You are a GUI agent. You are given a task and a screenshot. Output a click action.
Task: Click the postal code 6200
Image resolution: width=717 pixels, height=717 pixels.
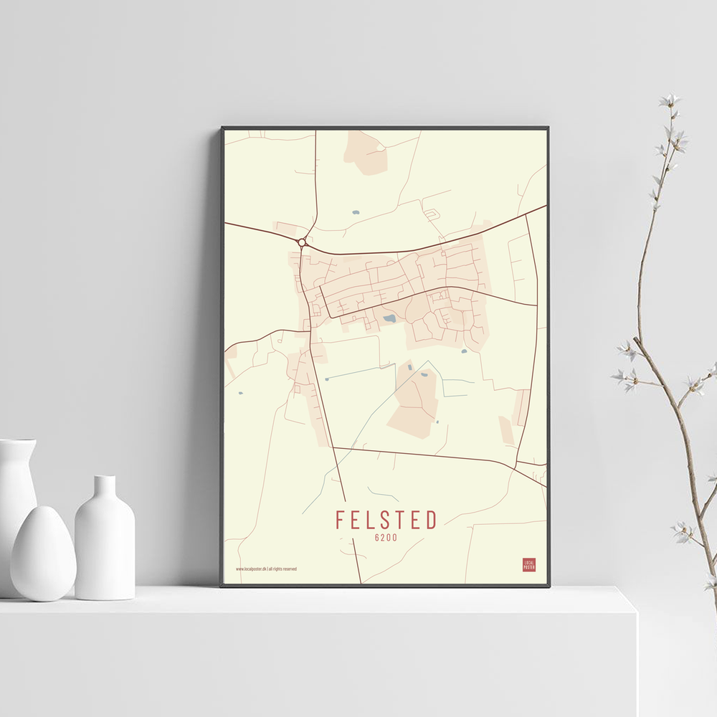click(386, 537)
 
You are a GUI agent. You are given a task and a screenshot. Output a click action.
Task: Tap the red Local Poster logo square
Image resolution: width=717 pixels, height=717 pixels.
click(529, 564)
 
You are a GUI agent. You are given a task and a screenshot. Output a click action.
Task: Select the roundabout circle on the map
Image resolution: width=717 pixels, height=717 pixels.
click(302, 242)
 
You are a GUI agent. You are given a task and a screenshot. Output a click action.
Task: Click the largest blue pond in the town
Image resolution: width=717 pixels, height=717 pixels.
click(389, 318)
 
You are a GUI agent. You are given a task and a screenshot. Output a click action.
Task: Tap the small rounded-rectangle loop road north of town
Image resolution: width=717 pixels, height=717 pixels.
click(431, 214)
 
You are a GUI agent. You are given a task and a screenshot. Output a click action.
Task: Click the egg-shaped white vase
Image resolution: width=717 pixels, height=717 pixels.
click(43, 553)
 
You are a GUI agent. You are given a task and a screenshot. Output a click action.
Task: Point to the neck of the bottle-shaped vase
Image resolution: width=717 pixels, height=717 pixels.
click(105, 488)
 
